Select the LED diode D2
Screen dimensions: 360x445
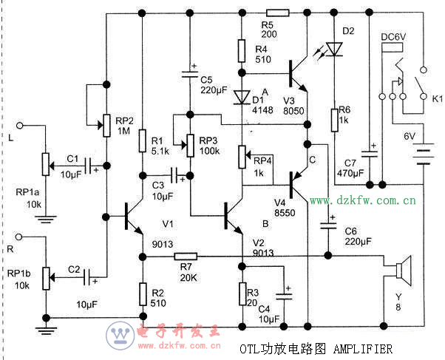[x=335, y=49]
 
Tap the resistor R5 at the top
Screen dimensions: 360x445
[x=277, y=13]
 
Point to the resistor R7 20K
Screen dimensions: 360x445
[x=185, y=256]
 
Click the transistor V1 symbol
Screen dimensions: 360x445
[x=132, y=217]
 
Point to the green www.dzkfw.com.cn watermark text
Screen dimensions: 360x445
[x=362, y=200]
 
